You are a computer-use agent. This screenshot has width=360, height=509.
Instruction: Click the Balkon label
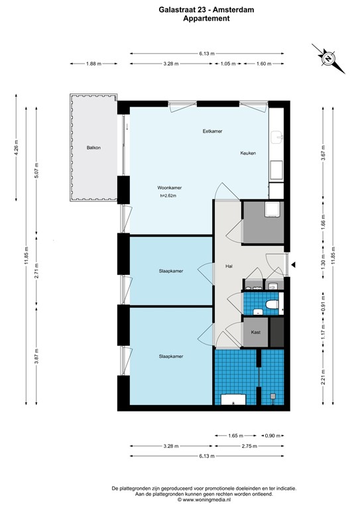(93, 148)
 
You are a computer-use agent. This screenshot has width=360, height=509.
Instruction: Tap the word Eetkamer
(212, 132)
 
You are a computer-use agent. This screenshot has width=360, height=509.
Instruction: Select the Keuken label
(248, 153)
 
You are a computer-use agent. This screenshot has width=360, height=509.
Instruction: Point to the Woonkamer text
(170, 188)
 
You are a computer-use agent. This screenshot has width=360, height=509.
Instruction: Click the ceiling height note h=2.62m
(170, 196)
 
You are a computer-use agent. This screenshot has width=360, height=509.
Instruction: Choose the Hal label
(229, 266)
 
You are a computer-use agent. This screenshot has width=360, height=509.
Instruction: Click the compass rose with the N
(328, 58)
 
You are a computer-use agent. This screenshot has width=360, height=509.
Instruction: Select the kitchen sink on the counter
(278, 137)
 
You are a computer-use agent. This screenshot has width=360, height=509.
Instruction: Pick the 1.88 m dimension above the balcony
(94, 64)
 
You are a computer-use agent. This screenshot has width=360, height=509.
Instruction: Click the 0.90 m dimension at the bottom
(272, 435)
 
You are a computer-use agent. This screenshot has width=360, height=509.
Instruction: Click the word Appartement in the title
(206, 19)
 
